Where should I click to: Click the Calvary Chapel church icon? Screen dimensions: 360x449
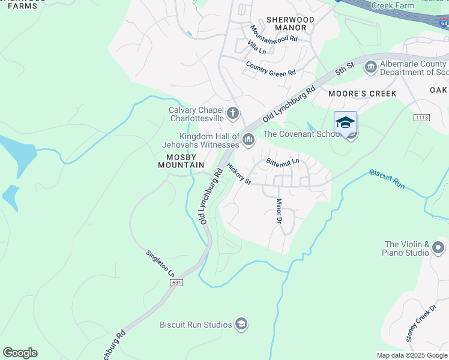tap(233, 113)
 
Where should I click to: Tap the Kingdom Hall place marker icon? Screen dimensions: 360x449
tap(249, 140)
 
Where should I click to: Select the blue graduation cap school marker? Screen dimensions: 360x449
tap(345, 122)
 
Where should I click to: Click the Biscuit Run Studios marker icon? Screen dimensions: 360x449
tap(241, 325)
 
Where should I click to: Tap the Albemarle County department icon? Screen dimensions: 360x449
tap(371, 66)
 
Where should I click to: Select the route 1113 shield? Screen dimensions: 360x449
tap(421, 117)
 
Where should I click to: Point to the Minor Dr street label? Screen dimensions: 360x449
tap(279, 211)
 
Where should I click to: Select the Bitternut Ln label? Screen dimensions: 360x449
tap(283, 162)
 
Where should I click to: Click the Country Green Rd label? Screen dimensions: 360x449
tap(271, 68)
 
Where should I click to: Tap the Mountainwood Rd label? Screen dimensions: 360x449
tap(274, 34)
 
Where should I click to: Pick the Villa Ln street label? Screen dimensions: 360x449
tap(256, 47)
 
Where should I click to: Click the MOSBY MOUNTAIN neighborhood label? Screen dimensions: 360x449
tap(181, 160)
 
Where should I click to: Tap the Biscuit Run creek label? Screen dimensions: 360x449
tap(388, 179)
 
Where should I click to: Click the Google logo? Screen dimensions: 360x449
tap(20, 353)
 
